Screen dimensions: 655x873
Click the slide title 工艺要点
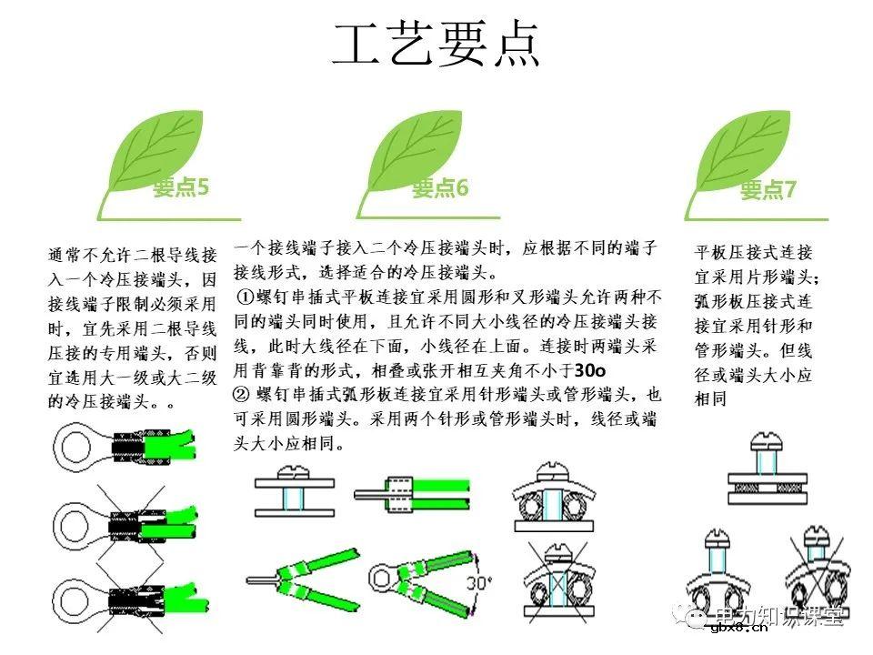(x=436, y=45)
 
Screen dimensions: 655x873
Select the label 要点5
(x=181, y=188)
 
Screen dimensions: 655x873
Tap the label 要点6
(x=440, y=188)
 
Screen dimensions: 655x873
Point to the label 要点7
(x=768, y=190)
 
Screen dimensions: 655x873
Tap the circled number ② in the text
(x=242, y=396)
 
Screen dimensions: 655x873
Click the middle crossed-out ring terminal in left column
(x=118, y=522)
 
